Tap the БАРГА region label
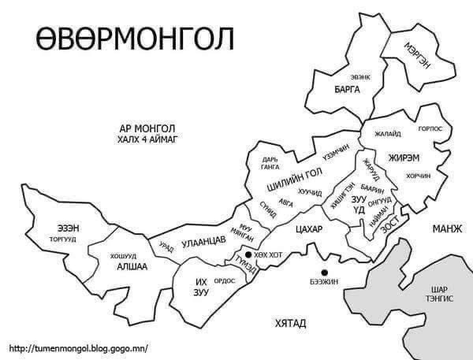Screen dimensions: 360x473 pyautogui.click(x=347, y=90)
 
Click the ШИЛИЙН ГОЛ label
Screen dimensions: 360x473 pyautogui.click(x=294, y=179)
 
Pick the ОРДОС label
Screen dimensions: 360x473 pyautogui.click(x=225, y=280)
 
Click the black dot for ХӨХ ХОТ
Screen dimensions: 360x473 pyautogui.click(x=248, y=255)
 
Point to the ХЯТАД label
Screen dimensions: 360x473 pyautogui.click(x=290, y=323)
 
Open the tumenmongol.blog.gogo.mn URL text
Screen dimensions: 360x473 pyautogui.click(x=78, y=347)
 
